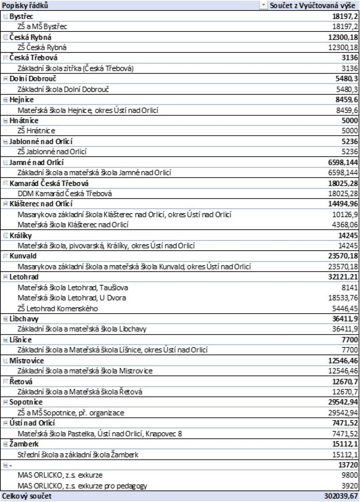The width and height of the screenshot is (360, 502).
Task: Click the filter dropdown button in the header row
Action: (x=263, y=5)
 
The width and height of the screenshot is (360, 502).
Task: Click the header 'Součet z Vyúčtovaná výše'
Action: (x=312, y=5)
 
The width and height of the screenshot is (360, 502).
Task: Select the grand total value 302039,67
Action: (x=341, y=496)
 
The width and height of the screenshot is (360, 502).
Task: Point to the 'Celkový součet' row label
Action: (x=27, y=496)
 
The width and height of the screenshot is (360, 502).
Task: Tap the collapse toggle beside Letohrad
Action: (x=6, y=277)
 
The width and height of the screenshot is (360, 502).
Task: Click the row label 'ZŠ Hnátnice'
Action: (x=36, y=131)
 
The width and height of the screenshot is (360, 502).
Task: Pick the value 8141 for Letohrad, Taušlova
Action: (x=349, y=287)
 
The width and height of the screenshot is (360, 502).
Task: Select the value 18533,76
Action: (x=343, y=298)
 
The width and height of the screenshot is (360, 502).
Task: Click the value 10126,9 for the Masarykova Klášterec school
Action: (x=345, y=214)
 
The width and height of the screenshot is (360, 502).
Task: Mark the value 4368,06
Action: (x=345, y=225)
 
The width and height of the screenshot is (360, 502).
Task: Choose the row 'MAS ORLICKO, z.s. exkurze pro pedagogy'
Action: (x=82, y=486)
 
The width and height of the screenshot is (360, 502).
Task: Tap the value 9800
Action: (x=349, y=475)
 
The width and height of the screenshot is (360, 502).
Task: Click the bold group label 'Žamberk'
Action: (x=24, y=444)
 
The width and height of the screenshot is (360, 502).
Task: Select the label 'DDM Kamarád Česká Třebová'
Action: (x=64, y=194)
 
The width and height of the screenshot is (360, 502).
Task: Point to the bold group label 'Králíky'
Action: (x=21, y=236)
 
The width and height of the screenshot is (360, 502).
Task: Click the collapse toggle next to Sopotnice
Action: (x=6, y=402)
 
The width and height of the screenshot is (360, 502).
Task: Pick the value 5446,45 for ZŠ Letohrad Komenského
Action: (x=345, y=308)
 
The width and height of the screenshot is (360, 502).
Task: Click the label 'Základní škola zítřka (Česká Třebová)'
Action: (x=75, y=68)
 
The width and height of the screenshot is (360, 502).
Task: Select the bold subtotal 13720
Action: (x=348, y=465)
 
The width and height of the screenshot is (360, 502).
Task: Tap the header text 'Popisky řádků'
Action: (x=25, y=5)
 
